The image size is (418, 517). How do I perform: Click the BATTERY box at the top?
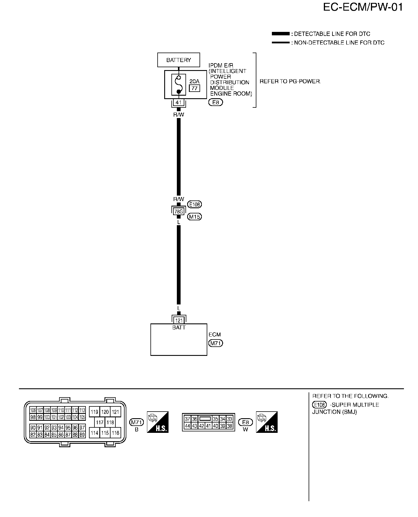click(179, 60)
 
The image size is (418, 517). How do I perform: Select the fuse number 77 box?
click(195, 88)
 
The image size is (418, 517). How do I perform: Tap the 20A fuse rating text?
click(194, 81)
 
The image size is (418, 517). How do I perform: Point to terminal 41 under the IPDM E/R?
click(179, 102)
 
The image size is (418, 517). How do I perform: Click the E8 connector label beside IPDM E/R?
click(216, 102)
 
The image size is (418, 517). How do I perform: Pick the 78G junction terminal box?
click(179, 212)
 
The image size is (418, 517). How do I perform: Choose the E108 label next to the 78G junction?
click(195, 205)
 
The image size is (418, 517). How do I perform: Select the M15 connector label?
click(195, 217)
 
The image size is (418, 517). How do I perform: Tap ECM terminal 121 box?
click(179, 321)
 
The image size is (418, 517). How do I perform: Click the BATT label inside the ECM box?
click(179, 327)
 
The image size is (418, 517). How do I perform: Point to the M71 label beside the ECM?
click(216, 343)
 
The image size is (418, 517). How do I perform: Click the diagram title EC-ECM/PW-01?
click(363, 7)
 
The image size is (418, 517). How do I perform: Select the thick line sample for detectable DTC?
click(280, 34)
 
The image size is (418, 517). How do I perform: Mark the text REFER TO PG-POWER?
click(290, 81)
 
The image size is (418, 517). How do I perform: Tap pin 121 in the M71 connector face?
click(115, 412)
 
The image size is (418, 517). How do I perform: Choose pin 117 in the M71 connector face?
click(100, 423)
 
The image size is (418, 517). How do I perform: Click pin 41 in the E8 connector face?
click(209, 426)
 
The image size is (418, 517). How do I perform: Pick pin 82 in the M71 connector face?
click(33, 435)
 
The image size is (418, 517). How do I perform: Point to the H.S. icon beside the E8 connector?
click(267, 422)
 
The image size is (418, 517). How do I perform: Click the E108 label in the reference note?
click(319, 405)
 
